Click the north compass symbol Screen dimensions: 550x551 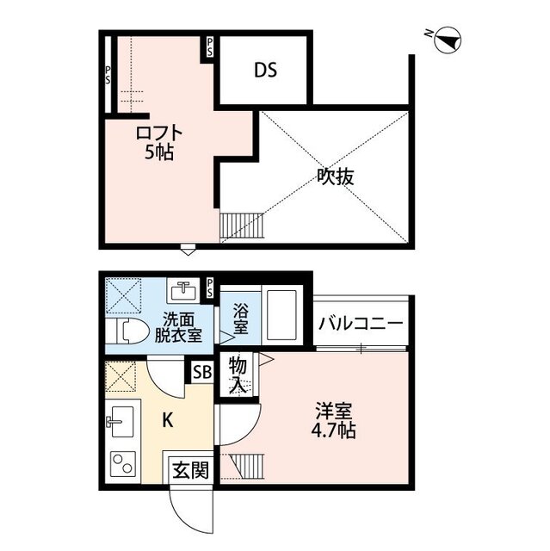pos(447,40)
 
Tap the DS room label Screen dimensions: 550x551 pos(265,70)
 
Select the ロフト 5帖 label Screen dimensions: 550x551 pos(159,143)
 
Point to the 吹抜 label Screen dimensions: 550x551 pos(336,176)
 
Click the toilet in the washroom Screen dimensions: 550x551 pos(127,331)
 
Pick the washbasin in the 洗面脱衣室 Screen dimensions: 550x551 pos(182,291)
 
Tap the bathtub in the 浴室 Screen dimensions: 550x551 pos(282,315)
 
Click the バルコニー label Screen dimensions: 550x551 pos(361,324)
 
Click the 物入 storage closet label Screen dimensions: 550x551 pos(238,376)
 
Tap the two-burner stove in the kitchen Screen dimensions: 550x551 pos(123,464)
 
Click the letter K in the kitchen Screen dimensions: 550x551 pos(168,419)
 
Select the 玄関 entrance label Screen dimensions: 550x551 pos(191,470)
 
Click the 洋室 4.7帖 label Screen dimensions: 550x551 pos(334,421)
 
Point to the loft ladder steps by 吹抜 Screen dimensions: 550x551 pos(242,226)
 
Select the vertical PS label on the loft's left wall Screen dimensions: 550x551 pos(108,76)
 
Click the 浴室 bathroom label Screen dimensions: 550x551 pos(241,319)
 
